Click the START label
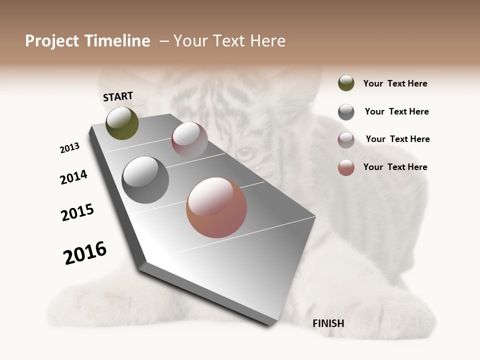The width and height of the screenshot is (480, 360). point(118,96)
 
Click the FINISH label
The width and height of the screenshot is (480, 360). point(328,323)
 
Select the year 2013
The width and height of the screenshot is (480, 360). point(69,148)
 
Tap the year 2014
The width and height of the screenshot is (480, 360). point(73,177)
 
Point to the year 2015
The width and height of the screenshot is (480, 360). point(77,212)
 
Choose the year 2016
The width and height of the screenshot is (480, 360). point(85,253)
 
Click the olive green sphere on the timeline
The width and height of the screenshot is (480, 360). point(122,123)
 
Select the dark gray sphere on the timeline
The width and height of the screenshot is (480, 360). point(145,180)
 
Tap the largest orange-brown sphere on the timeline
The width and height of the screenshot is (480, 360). point(216,207)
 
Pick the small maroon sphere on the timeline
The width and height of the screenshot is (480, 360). point(189,140)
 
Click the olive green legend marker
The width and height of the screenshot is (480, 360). point(346,83)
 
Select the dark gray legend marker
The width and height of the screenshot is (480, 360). point(346,112)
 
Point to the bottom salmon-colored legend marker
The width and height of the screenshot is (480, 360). point(346,167)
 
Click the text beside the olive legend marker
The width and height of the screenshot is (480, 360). point(395,83)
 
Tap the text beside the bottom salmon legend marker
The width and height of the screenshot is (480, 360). point(395,167)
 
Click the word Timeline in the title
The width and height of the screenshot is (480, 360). point(117,41)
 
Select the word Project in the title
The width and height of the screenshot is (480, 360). point(52,41)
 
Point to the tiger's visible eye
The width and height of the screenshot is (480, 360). point(244,153)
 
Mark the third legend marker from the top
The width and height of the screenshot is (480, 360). point(346,140)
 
